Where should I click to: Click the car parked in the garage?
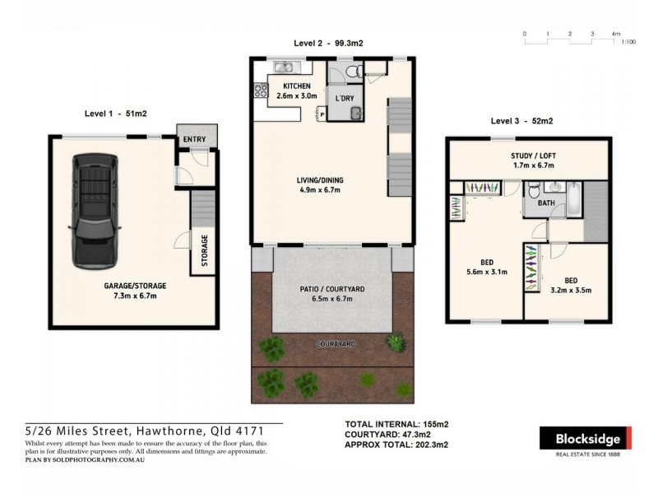[x=95, y=211]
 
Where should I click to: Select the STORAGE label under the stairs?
[x=204, y=250]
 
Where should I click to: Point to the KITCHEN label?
[x=296, y=86]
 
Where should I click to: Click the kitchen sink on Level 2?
[x=284, y=67]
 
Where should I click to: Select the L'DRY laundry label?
[x=345, y=98]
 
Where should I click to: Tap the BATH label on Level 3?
[x=546, y=203]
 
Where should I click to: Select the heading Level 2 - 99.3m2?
[x=329, y=43]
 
